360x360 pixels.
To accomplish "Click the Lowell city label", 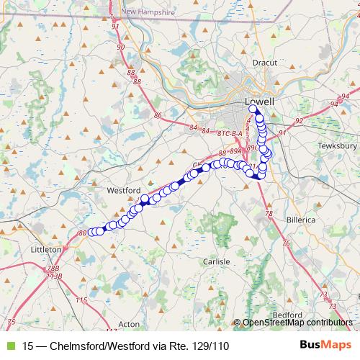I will coord(260,102).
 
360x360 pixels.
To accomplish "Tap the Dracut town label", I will coord(265,63).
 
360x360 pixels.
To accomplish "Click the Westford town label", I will coord(122,191).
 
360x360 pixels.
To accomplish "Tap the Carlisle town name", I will coord(216,261).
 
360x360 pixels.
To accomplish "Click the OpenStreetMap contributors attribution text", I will coord(297,323).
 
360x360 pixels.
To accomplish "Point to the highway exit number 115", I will coord(81,300).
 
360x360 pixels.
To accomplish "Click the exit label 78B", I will coord(54,267).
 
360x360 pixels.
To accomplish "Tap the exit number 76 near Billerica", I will coord(285,243).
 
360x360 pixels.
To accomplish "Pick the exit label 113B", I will coord(55,275).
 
